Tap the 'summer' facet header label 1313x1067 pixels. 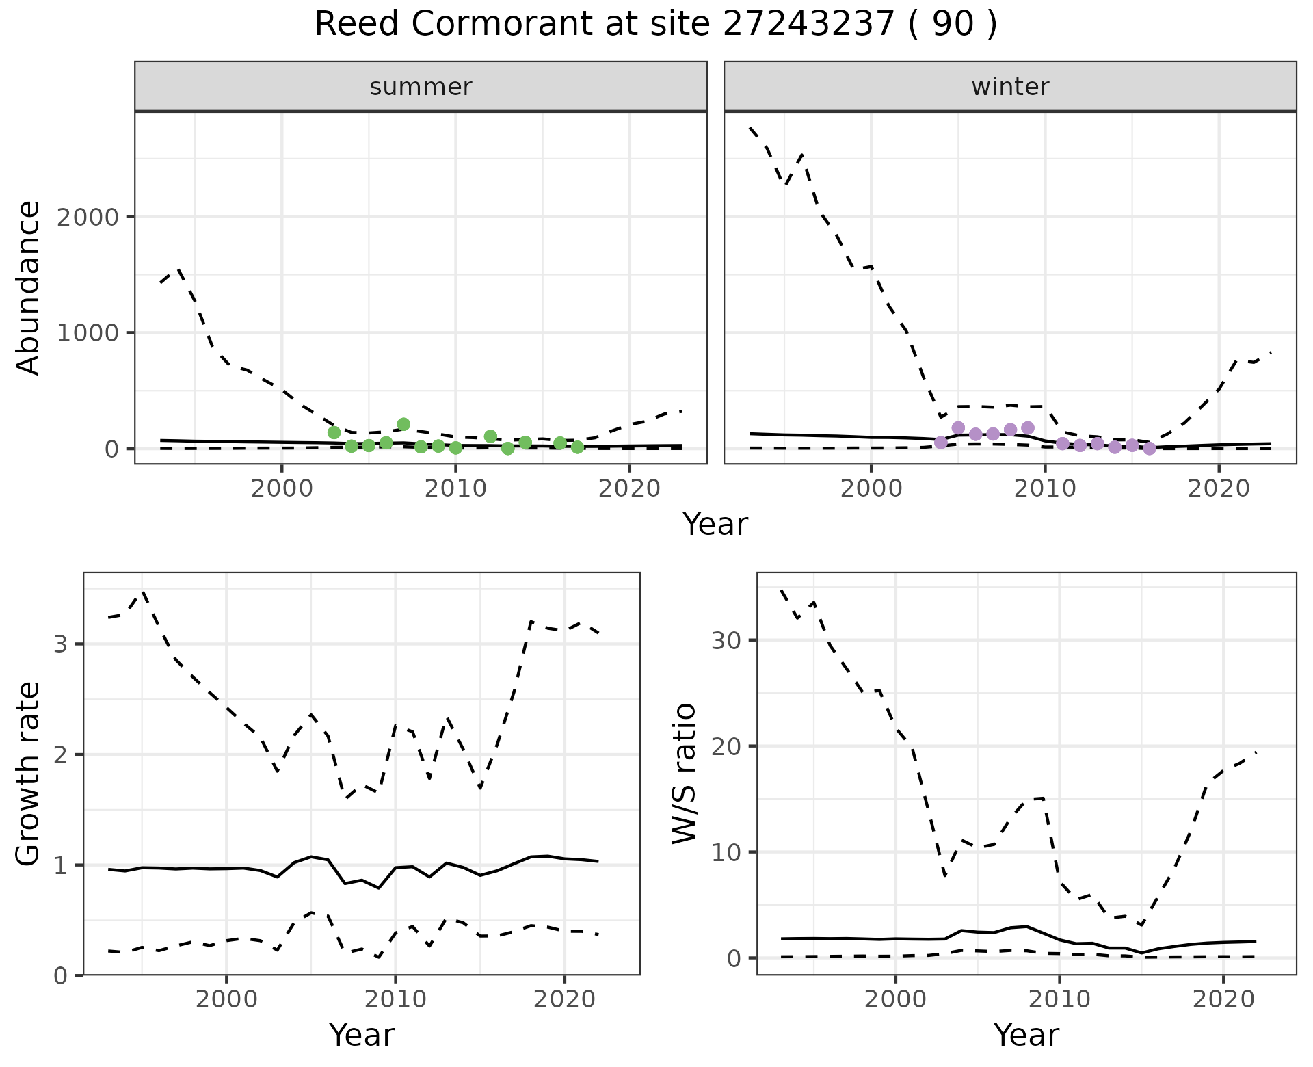point(421,87)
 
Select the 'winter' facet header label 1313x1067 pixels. point(1010,87)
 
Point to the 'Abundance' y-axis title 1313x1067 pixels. point(28,288)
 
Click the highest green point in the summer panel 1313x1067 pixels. point(403,424)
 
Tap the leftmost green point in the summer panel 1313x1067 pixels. point(334,432)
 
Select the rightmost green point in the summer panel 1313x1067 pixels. point(577,447)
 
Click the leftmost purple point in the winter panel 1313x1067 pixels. point(941,443)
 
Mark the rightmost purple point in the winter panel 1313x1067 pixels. point(1150,449)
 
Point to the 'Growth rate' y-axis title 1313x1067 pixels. point(28,775)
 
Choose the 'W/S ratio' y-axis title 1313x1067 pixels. point(684,774)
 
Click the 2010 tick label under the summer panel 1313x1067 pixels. point(455,489)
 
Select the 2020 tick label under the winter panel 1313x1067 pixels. point(1218,489)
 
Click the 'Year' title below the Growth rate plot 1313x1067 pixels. point(362,1035)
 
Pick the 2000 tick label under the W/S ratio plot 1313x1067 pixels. point(896,999)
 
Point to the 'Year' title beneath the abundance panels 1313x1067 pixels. point(715,525)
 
